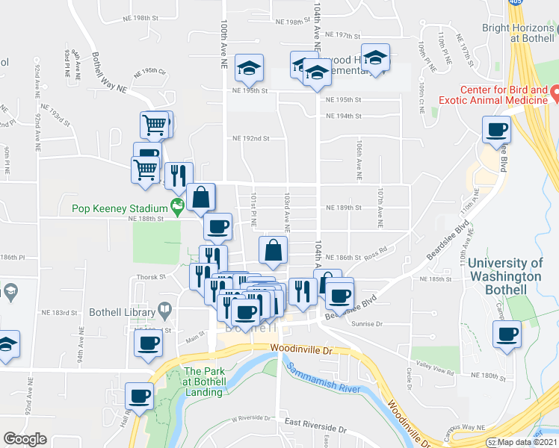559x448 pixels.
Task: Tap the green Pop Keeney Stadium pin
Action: click(x=177, y=205)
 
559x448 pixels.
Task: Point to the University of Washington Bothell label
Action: click(x=505, y=269)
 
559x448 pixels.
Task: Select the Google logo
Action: click(x=25, y=439)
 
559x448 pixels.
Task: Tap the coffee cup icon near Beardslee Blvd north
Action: click(x=496, y=131)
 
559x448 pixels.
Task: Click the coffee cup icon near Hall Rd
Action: click(x=140, y=395)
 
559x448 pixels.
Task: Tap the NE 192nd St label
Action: click(x=250, y=138)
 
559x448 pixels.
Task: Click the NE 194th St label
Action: click(x=344, y=116)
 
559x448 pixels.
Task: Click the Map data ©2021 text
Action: click(x=528, y=443)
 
